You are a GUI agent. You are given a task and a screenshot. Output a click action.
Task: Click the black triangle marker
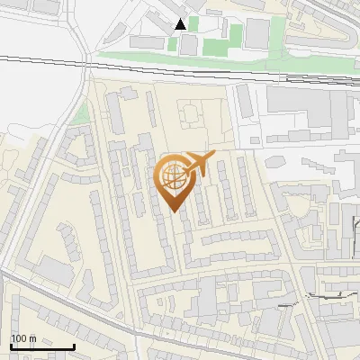[x=181, y=24]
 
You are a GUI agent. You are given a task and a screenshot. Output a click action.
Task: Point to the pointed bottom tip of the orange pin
[x=174, y=211]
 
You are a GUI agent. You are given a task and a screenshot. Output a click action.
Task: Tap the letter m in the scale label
[x=32, y=338]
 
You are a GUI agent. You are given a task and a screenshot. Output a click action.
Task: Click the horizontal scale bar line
[x=42, y=346]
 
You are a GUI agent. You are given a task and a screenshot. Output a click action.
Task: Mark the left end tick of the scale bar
[x=11, y=345]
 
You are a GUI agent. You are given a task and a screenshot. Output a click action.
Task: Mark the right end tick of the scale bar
[x=74, y=345]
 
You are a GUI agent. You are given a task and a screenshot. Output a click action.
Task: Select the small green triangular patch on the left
[x=81, y=113]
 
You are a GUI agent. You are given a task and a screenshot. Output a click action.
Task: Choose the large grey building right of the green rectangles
[x=258, y=33]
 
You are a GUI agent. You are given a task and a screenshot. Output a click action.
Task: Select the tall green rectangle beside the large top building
[x=235, y=37]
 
